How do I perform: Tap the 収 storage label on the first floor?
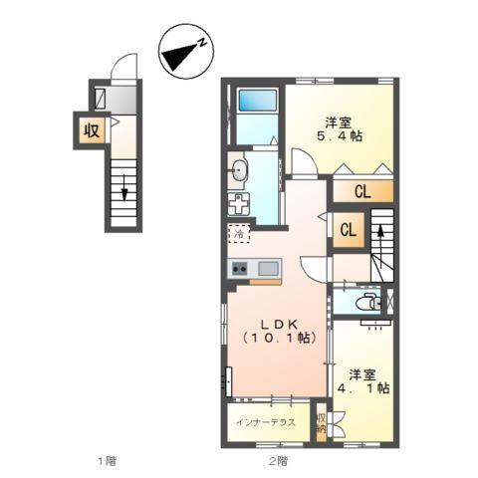click(91, 128)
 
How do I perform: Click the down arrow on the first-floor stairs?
click(123, 187)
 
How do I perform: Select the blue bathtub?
click(257, 102)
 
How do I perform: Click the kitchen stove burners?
click(240, 268)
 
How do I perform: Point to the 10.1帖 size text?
click(278, 339)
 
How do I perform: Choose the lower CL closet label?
click(349, 230)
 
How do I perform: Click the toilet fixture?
click(366, 302)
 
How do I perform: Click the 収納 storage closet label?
click(321, 424)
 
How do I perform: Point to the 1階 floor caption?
click(108, 461)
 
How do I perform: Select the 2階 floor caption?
click(277, 461)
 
